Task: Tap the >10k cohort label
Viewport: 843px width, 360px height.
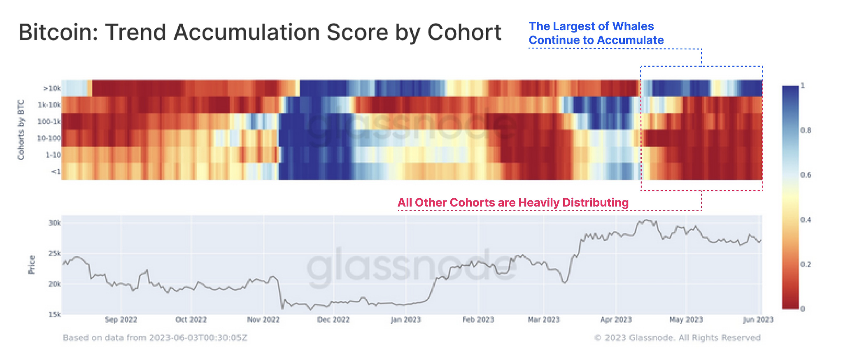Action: point(52,88)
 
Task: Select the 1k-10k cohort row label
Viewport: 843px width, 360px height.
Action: point(49,105)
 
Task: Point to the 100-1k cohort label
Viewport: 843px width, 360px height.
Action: point(49,121)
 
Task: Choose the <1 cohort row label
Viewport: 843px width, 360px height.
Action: point(56,172)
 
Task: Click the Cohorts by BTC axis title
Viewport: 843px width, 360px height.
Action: point(21,130)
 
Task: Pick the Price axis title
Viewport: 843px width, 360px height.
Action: point(32,265)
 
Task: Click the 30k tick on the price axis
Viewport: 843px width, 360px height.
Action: point(55,223)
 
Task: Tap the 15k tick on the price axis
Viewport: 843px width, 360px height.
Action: point(55,314)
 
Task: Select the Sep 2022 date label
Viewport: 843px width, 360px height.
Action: point(121,320)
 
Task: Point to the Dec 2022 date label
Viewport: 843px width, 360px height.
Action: point(333,320)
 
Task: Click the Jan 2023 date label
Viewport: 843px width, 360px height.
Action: point(405,320)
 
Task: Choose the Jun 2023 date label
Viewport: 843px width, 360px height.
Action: point(758,320)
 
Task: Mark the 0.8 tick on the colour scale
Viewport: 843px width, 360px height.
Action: point(806,130)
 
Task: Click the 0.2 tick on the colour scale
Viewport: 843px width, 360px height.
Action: point(806,264)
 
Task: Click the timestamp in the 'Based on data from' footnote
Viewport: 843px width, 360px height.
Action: point(198,338)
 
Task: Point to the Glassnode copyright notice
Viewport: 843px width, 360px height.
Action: point(678,338)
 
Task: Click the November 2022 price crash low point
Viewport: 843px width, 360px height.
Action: point(282,309)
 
